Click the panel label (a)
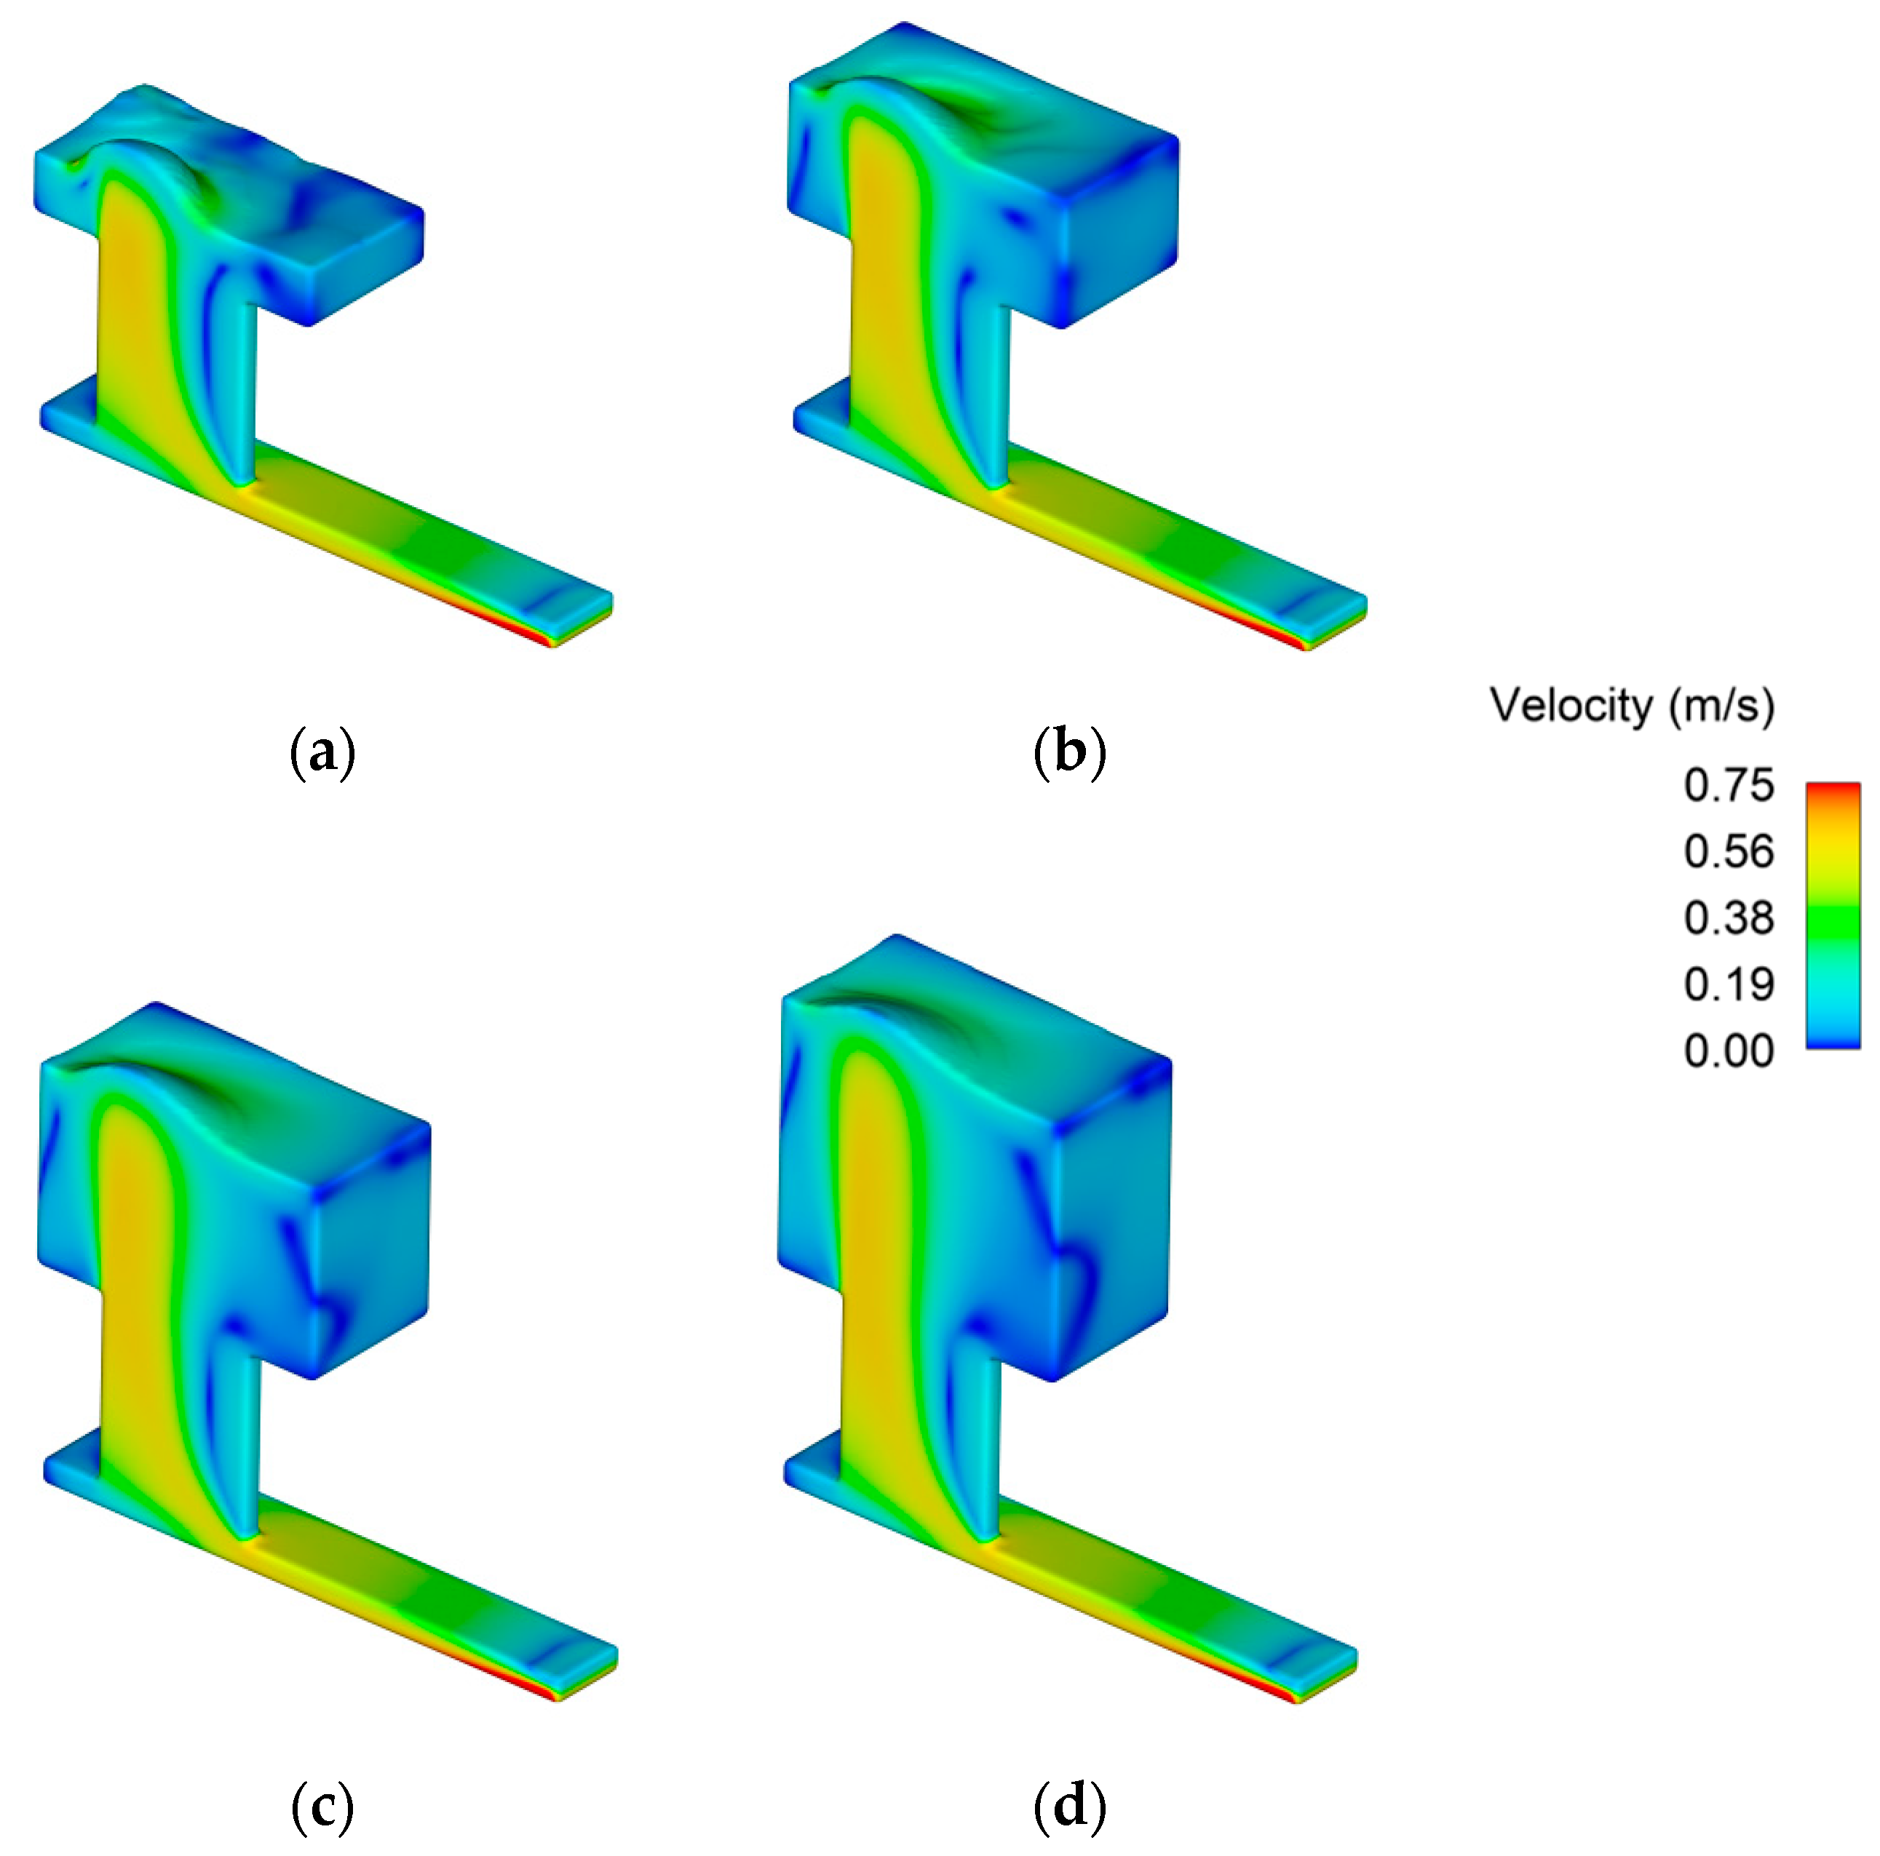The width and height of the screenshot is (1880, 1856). [x=323, y=754]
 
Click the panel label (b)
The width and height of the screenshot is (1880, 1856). [x=1069, y=754]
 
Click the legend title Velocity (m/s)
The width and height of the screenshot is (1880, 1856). [x=1632, y=704]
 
